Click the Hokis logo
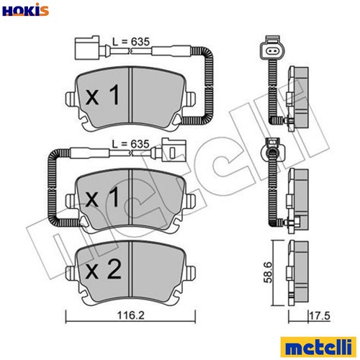pos(25,9)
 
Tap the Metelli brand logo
pos(318,346)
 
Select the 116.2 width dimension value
pos(131,315)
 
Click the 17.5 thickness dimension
pos(320,316)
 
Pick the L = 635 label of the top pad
pos(131,42)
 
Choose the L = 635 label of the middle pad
pos(131,144)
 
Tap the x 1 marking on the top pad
pos(102,95)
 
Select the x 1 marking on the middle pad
pos(102,197)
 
